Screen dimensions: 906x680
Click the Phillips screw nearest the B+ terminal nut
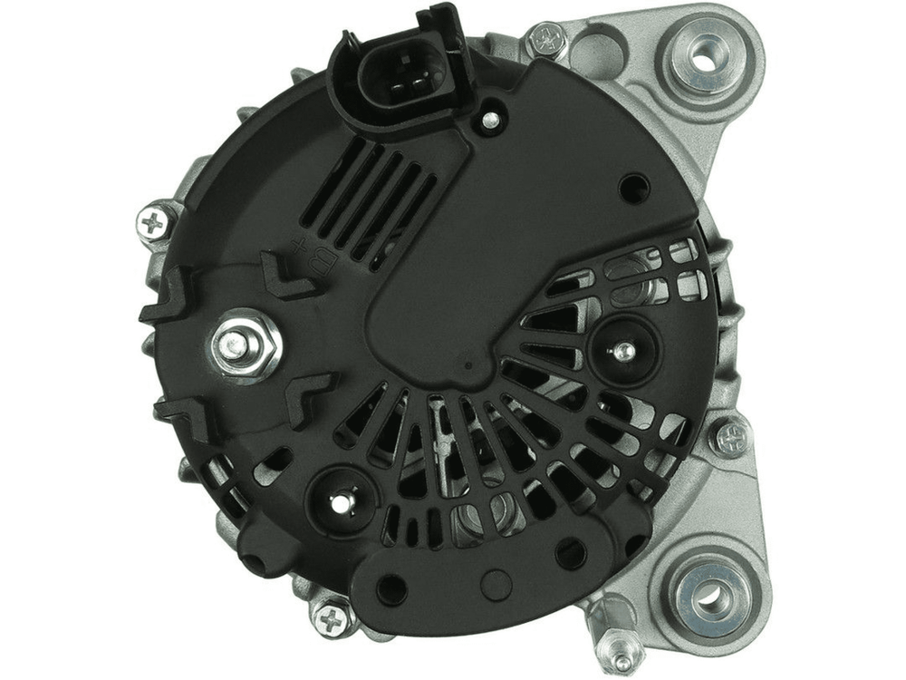[x=154, y=221]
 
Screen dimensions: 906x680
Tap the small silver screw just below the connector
[x=490, y=120]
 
